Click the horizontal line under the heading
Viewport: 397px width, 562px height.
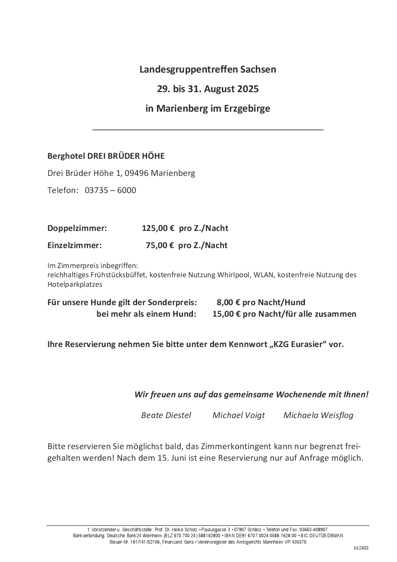pyautogui.click(x=208, y=130)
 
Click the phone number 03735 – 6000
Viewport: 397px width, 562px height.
pyautogui.click(x=110, y=190)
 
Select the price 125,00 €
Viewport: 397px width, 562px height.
pyautogui.click(x=158, y=229)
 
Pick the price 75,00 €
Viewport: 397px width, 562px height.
pyautogui.click(x=160, y=245)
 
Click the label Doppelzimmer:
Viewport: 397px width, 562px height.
pyautogui.click(x=77, y=229)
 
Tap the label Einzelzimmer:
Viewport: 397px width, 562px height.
pyautogui.click(x=75, y=245)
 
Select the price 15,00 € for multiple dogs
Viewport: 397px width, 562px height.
pyautogui.click(x=226, y=314)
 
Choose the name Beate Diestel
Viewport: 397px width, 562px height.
pyautogui.click(x=166, y=415)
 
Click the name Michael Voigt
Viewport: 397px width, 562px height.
pyautogui.click(x=238, y=415)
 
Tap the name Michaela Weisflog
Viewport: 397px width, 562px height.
pyautogui.click(x=318, y=415)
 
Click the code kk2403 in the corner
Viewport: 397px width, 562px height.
pyautogui.click(x=361, y=548)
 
